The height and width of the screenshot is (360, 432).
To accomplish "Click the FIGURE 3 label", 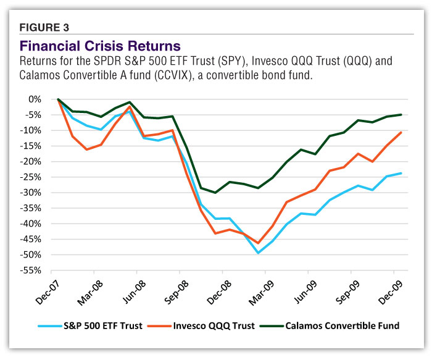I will (45, 27).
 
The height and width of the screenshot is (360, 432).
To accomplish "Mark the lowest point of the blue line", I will (258, 253).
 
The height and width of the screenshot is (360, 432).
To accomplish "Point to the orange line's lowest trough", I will (258, 243).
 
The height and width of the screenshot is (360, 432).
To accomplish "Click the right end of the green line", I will (401, 114).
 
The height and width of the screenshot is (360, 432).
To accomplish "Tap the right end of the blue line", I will (401, 173).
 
